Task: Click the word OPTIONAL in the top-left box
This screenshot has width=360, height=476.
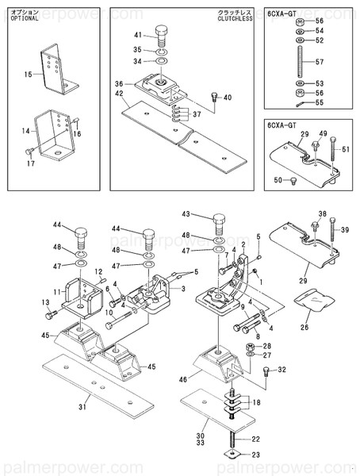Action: coord(24,19)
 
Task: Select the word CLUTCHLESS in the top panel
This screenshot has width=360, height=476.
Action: coord(236,19)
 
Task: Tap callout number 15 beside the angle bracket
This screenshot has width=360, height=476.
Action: coord(27,74)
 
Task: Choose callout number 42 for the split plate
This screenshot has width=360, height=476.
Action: coord(119,94)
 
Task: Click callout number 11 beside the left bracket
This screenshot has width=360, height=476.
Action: coord(47,292)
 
